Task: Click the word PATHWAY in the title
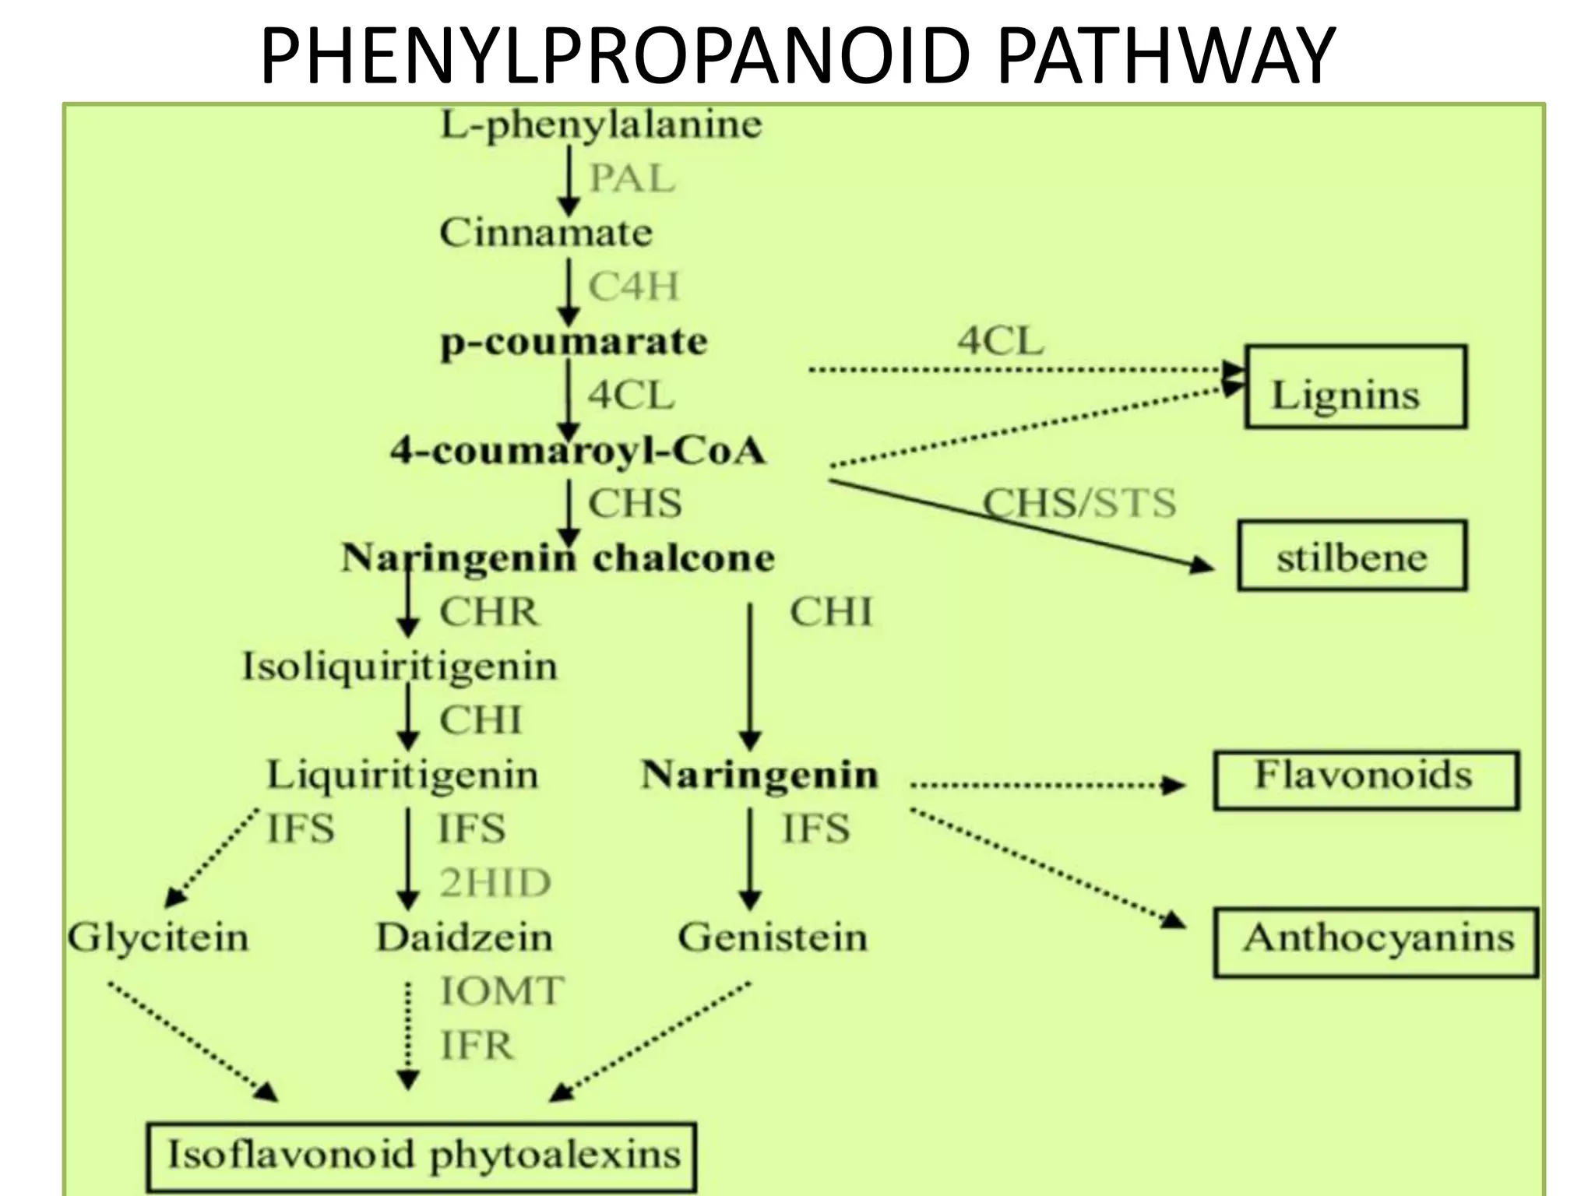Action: [x=1166, y=56]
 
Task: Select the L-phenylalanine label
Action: [x=600, y=125]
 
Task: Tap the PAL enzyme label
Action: [x=632, y=178]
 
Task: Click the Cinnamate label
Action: [x=546, y=233]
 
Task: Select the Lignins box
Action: [x=1355, y=387]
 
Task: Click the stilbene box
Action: [x=1352, y=557]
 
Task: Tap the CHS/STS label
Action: [x=1079, y=502]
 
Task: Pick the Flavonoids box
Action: [x=1366, y=779]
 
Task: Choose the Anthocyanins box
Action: [x=1376, y=942]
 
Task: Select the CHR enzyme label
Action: [x=489, y=612]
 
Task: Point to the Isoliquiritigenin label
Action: [x=400, y=667]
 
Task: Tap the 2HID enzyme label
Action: [x=495, y=883]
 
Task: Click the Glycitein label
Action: [x=158, y=937]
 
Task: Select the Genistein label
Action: [x=773, y=937]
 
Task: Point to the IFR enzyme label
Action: [x=477, y=1045]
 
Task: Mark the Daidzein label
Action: [x=465, y=937]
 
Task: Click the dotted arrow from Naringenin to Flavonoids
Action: [x=1044, y=785]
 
